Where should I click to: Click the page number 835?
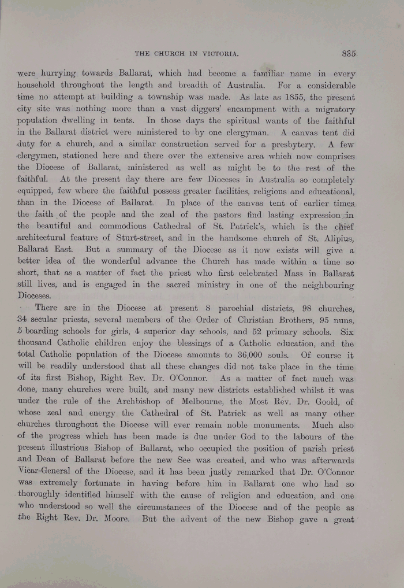(350, 53)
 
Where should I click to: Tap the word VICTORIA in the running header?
(219, 54)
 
